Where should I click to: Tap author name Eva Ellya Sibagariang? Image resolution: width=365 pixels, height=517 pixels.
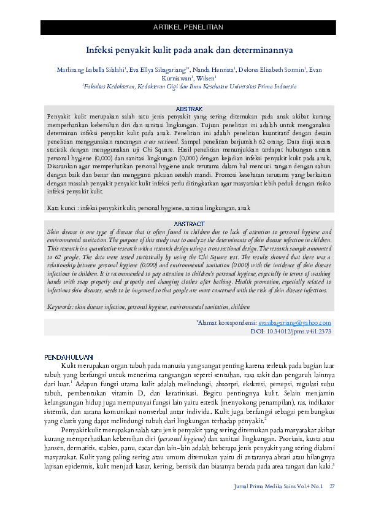click(x=159, y=70)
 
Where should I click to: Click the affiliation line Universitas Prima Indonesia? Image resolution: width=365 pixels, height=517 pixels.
click(x=189, y=87)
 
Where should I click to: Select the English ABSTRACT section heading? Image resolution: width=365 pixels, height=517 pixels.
click(x=189, y=224)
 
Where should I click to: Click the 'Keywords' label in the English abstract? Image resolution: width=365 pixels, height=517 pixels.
click(x=60, y=305)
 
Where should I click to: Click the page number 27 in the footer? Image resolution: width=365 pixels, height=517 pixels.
click(x=332, y=486)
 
